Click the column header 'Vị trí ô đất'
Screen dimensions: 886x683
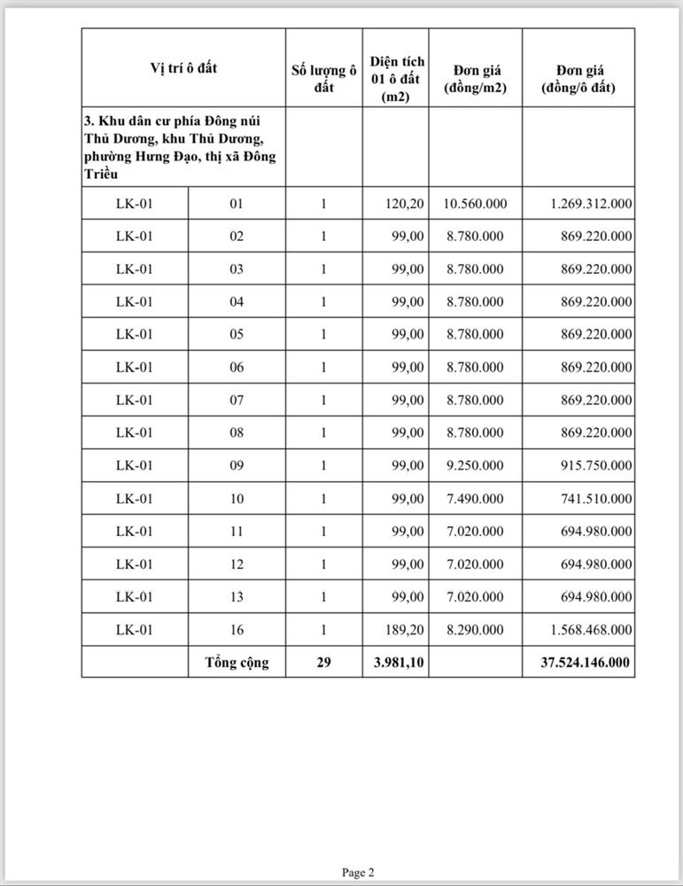click(x=183, y=67)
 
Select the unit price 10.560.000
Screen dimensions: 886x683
click(x=476, y=204)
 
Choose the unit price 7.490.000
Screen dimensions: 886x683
click(x=476, y=499)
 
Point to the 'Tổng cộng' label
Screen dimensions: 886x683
click(x=237, y=662)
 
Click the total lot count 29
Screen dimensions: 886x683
click(x=323, y=662)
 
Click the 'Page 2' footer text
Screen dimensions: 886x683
click(x=359, y=873)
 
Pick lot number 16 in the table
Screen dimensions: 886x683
click(x=237, y=630)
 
